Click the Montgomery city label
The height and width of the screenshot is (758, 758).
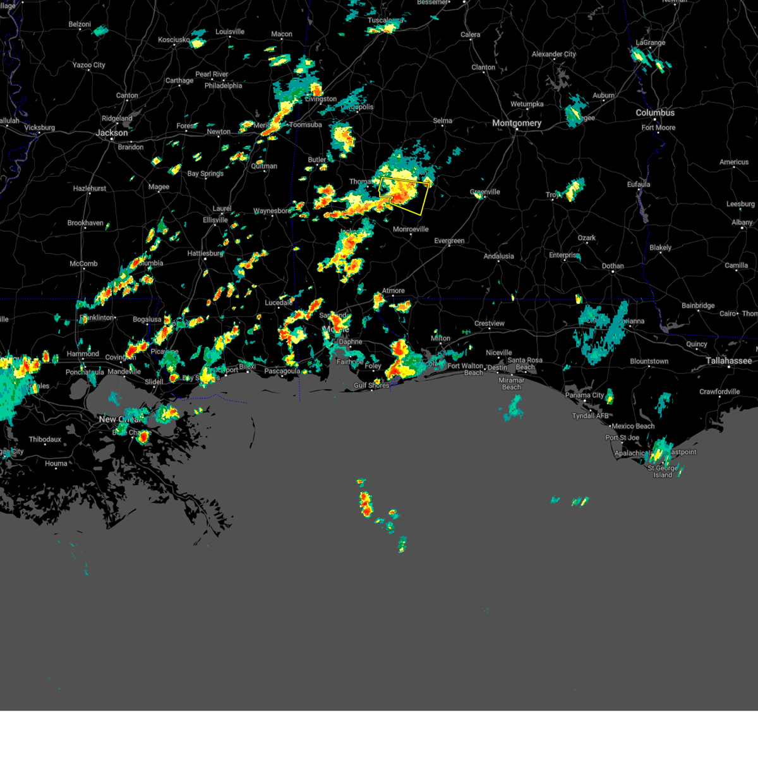tap(516, 123)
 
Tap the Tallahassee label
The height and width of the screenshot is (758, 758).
tap(729, 361)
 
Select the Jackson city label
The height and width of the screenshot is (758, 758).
tap(112, 133)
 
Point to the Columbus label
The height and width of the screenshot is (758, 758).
tap(655, 112)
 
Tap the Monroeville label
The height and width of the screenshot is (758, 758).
tap(411, 229)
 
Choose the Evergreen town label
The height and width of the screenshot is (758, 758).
tap(449, 241)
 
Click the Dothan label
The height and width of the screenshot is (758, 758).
tap(613, 266)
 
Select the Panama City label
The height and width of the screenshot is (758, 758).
tap(584, 395)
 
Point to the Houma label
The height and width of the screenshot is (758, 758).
tap(56, 463)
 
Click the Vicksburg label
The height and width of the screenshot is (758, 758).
tap(39, 128)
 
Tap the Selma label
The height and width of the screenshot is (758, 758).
tap(442, 121)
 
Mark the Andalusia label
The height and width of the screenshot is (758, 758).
tap(498, 256)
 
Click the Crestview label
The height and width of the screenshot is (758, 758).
tap(489, 323)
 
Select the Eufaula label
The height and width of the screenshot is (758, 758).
tap(638, 184)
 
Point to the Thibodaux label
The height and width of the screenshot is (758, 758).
tap(45, 440)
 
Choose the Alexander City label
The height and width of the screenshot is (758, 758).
tap(553, 54)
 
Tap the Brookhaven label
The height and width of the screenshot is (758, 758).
tap(85, 223)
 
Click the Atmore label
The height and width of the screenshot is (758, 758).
tap(393, 291)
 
